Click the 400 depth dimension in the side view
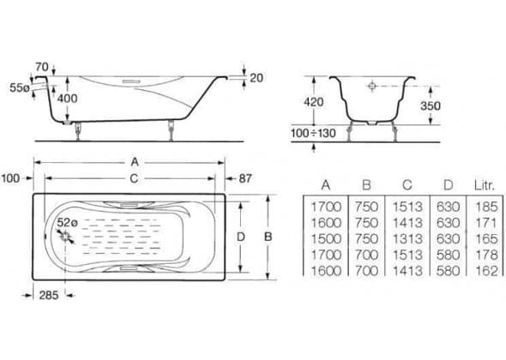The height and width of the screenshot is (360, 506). point(68,99)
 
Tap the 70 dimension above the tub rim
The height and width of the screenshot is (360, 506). point(42,67)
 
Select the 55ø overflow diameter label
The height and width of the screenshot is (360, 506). point(20,87)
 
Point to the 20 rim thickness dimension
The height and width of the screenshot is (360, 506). point(256,78)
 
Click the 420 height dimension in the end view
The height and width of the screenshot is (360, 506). point(313,102)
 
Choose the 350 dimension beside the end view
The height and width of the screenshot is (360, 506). point(431,105)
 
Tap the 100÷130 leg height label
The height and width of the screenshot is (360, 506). point(313,133)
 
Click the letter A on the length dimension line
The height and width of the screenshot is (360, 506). point(135,162)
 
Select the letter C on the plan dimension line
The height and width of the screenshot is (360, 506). point(134,178)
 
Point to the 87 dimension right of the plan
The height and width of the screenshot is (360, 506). point(245,178)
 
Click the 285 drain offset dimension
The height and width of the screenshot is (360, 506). point(49,295)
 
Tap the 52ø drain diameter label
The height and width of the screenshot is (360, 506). point(68,223)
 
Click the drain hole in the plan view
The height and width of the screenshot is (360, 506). point(65,237)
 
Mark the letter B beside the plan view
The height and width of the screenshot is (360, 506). point(268,237)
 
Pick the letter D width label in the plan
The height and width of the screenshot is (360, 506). point(241,237)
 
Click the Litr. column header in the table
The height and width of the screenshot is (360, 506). point(485,185)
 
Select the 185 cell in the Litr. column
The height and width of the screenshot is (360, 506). point(486,207)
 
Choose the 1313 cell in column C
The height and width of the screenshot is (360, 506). point(407,239)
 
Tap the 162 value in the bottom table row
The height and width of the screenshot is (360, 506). point(486,271)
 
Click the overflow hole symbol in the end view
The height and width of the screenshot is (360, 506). point(372,86)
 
